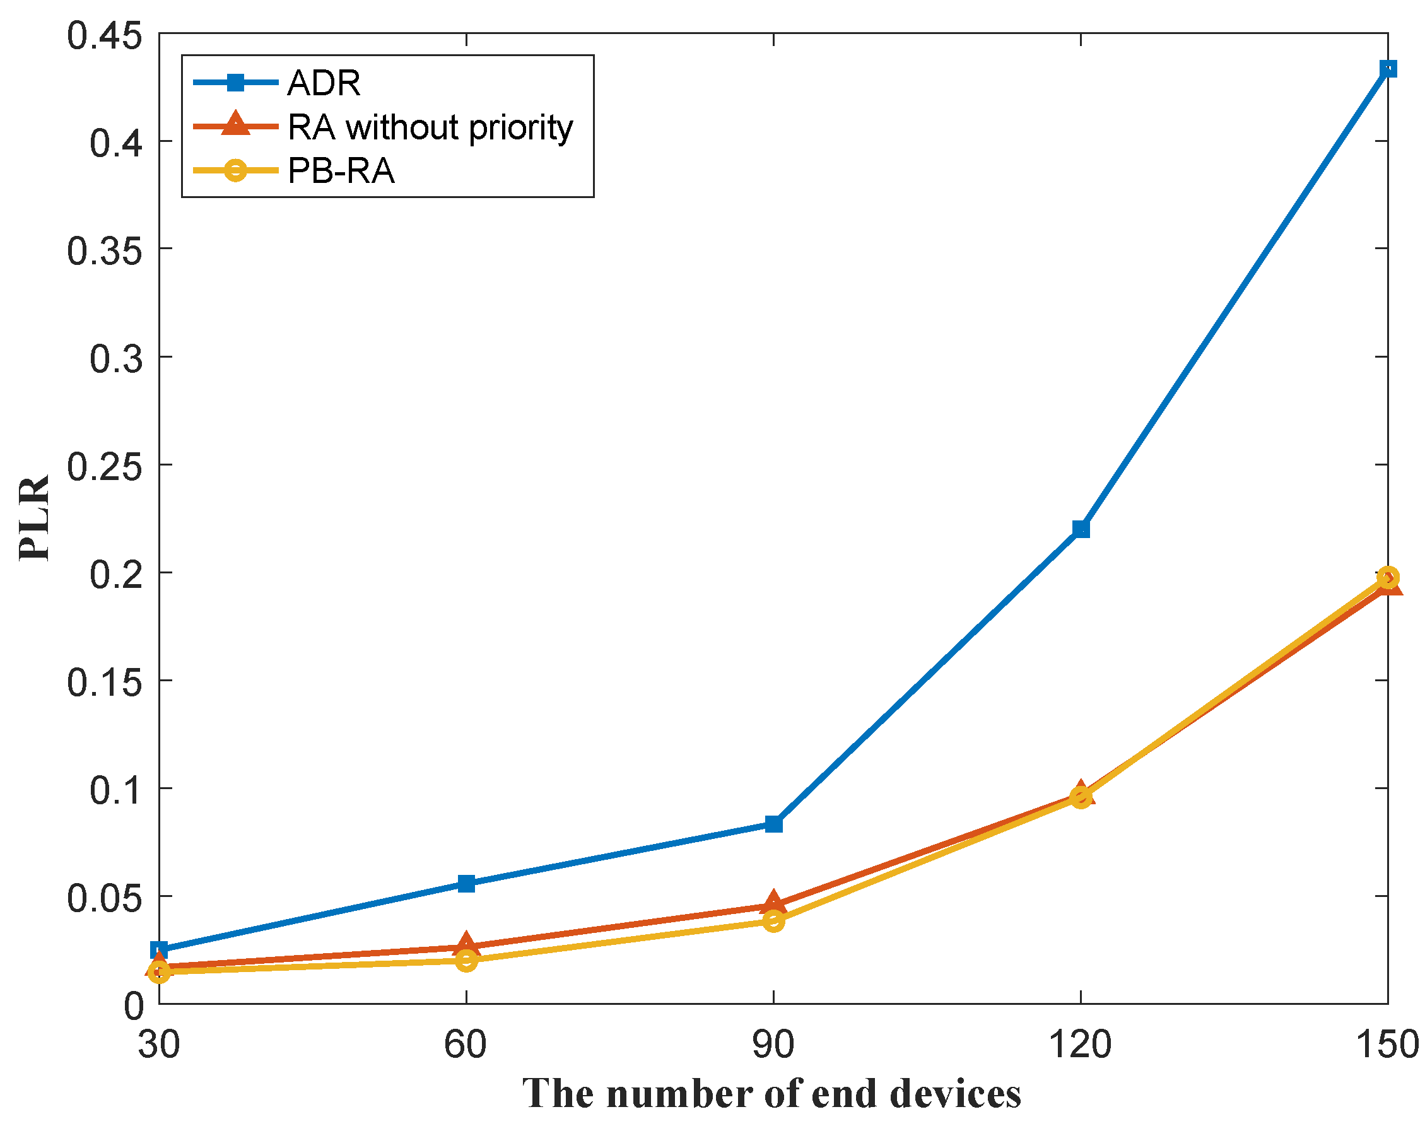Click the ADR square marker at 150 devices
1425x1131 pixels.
1387,69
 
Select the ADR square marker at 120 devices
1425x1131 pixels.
1081,529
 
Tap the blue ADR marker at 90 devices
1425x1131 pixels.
773,824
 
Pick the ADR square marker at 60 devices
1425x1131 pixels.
467,883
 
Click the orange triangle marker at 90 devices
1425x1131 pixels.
773,903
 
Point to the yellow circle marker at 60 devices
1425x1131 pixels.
467,960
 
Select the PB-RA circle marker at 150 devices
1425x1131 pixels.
1387,577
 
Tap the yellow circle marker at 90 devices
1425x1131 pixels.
773,921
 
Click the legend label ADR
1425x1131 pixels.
324,83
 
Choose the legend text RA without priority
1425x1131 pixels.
430,127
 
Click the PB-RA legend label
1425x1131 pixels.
341,171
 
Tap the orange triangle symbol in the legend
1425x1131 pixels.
235,125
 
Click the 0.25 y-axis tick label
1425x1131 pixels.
105,467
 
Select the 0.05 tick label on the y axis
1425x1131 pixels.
105,898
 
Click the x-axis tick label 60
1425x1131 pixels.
466,1045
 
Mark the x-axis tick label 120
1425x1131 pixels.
1080,1045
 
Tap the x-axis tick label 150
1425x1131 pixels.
1387,1045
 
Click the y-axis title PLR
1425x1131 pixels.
34,518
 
